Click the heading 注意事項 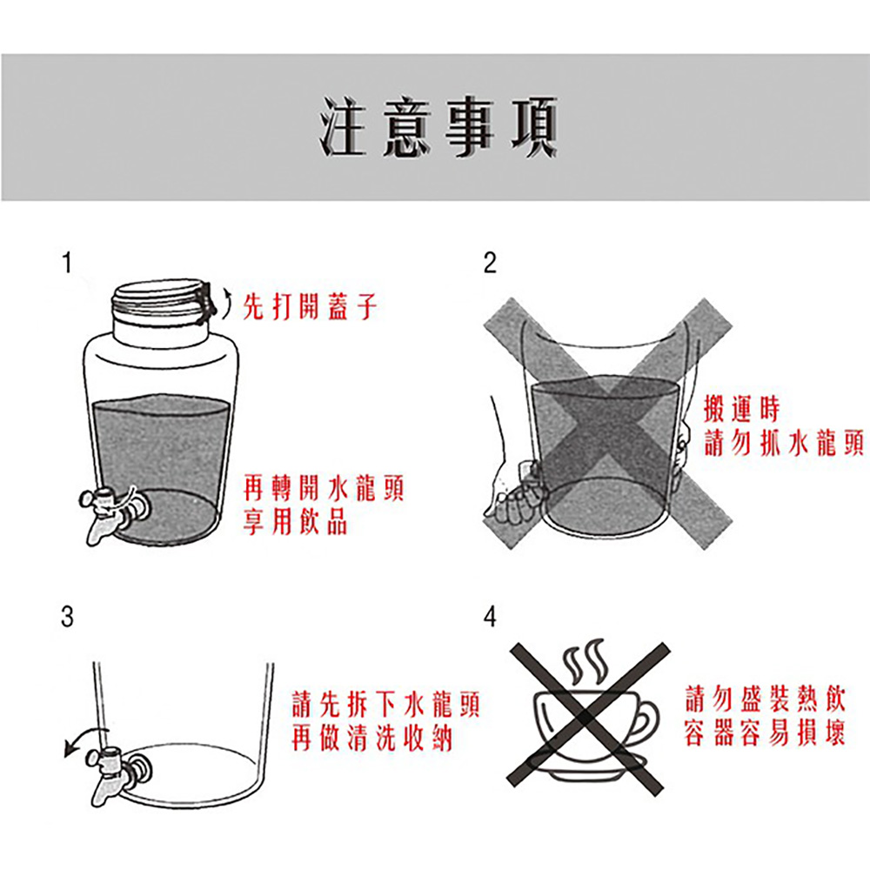[x=438, y=127]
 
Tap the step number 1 [x=67, y=263]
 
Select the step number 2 [x=489, y=263]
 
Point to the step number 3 [x=67, y=616]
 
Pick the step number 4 [x=490, y=616]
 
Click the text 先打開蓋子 [x=311, y=307]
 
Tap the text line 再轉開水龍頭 [x=324, y=488]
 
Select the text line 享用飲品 [x=296, y=521]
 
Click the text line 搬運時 [x=742, y=409]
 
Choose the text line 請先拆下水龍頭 [x=385, y=705]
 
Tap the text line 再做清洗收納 [x=371, y=738]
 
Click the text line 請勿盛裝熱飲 [x=766, y=699]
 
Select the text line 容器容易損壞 [x=766, y=733]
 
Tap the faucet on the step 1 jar [x=113, y=512]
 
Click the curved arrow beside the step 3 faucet [x=84, y=735]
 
